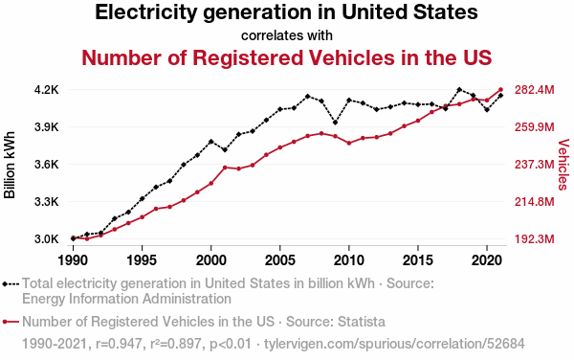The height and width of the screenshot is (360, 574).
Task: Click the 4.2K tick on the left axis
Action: point(47,90)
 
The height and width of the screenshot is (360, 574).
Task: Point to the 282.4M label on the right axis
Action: point(535,90)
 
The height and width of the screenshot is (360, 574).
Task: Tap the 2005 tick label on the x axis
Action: point(280,260)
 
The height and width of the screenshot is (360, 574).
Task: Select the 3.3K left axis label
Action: point(47,202)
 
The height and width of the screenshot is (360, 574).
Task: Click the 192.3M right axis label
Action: point(535,239)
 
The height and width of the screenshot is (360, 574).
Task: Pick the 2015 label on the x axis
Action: point(418,260)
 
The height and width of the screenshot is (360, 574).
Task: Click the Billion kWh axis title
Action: point(10,165)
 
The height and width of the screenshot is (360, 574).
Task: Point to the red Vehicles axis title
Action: point(563,165)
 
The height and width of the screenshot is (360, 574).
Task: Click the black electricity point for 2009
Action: point(336,123)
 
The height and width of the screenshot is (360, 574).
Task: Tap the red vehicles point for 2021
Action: point(500,89)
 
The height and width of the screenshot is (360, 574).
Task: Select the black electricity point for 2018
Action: point(459,89)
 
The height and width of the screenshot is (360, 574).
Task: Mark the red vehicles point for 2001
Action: point(225,168)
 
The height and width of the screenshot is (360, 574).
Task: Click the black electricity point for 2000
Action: point(211,142)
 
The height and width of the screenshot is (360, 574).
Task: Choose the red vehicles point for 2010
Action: point(349,144)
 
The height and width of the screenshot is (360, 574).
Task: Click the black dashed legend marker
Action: point(11,283)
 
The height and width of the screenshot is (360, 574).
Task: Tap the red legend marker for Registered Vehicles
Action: point(11,322)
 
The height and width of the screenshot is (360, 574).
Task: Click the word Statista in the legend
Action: point(362,322)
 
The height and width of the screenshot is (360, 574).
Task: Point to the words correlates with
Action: point(287,35)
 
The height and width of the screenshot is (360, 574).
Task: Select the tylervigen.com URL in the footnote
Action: point(394,344)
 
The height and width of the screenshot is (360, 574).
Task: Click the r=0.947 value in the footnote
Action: point(119,344)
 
